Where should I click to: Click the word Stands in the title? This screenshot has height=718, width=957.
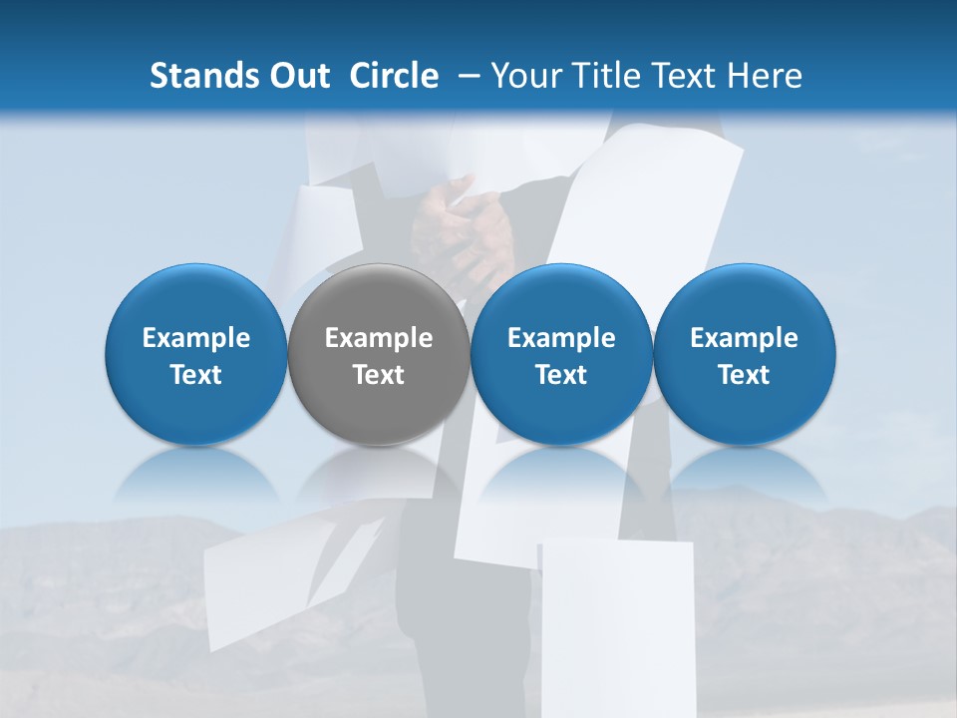[x=191, y=76]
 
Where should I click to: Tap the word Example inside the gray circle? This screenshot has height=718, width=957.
[x=379, y=338]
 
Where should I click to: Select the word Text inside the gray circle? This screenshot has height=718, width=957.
[x=379, y=375]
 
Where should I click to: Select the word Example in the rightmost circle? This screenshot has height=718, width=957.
[x=745, y=338]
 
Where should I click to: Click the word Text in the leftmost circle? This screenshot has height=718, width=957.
[x=196, y=375]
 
